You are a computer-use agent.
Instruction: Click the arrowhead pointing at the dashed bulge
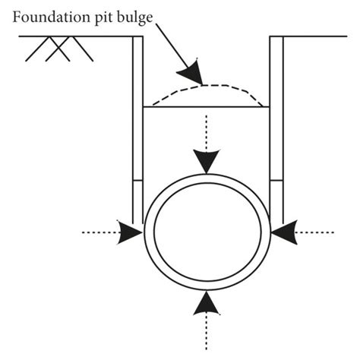[x=190, y=72]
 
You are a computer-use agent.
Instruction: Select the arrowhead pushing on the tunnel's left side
[x=131, y=232]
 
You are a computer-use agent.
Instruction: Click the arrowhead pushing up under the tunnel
[x=206, y=303]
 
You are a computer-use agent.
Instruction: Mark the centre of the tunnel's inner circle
[x=206, y=232]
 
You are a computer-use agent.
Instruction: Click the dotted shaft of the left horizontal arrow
[x=99, y=232]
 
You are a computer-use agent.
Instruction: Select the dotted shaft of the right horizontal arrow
[x=315, y=232]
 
